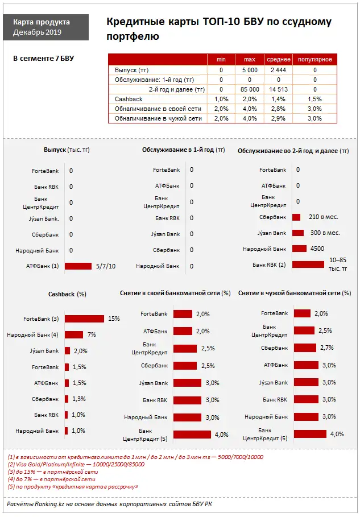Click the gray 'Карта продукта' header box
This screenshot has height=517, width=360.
(x=50, y=27)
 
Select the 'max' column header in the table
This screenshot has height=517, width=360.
(x=249, y=59)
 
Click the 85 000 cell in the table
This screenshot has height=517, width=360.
(x=250, y=89)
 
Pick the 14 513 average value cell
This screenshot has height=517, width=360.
(x=278, y=89)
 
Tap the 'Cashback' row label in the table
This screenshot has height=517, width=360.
(x=129, y=99)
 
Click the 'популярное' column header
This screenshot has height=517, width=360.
(x=315, y=59)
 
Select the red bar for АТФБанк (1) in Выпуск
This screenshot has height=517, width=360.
(x=78, y=266)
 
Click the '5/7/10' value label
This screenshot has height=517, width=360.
(x=106, y=266)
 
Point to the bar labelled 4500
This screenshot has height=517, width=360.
(x=299, y=249)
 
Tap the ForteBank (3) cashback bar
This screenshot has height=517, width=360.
(x=84, y=319)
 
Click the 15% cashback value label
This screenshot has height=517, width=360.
(x=114, y=319)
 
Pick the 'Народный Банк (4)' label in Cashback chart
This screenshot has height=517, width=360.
(x=32, y=335)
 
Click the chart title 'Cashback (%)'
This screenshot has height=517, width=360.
(x=67, y=293)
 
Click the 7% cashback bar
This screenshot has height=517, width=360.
(x=74, y=335)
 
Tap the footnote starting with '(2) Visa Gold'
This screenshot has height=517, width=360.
(x=76, y=464)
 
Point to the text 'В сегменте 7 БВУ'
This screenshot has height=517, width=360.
(x=43, y=58)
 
